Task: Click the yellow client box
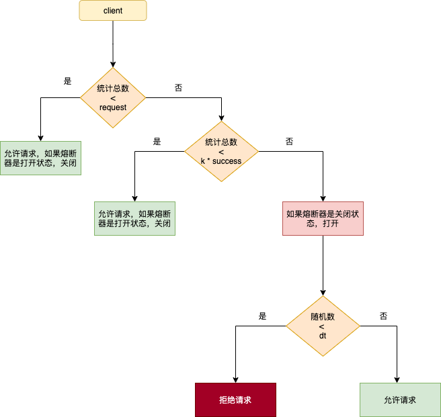click(113, 10)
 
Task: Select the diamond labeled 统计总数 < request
click(113, 98)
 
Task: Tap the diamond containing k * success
click(221, 152)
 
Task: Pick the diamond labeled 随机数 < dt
click(323, 326)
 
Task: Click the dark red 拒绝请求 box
click(236, 400)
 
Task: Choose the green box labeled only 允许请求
click(400, 400)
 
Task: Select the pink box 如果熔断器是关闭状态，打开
click(323, 218)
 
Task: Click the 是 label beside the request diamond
click(67, 81)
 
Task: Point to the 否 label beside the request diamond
click(178, 88)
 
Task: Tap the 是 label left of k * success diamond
click(157, 141)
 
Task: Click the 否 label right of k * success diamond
click(289, 141)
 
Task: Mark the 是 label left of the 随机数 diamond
click(262, 316)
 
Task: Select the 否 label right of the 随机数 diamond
click(383, 316)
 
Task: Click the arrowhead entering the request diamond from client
click(113, 65)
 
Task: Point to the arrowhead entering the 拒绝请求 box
click(236, 380)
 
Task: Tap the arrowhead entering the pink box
click(323, 199)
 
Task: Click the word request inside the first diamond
click(113, 107)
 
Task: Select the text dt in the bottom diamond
click(323, 336)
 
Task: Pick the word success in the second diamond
click(227, 161)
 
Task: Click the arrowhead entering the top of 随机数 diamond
click(323, 293)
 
